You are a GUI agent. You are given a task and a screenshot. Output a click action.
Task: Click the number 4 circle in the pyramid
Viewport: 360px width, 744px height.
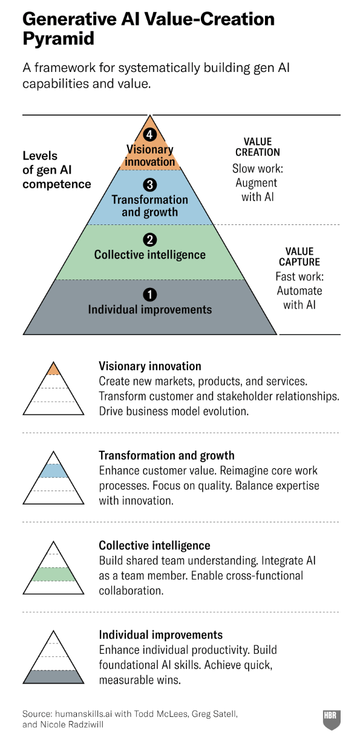coord(150,134)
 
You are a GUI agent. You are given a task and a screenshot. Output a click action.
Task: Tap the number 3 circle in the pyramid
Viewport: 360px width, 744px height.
coord(150,184)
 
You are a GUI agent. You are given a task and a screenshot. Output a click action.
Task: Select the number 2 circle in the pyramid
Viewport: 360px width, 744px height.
coord(150,240)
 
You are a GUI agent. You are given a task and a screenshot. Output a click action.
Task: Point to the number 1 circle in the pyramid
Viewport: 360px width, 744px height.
coord(150,295)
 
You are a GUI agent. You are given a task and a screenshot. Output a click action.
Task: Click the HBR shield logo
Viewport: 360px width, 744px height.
coord(332,720)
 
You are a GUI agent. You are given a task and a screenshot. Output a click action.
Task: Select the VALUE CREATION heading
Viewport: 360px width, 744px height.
coord(258,147)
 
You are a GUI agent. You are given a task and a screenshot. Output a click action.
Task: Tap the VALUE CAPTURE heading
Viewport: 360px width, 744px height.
coord(299,256)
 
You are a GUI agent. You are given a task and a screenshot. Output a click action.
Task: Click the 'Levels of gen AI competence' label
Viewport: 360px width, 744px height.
coord(56,170)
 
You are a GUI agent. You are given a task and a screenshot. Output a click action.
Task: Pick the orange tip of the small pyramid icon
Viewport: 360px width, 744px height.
coord(53,370)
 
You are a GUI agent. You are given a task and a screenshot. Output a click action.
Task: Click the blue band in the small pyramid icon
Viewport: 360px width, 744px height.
coord(53,471)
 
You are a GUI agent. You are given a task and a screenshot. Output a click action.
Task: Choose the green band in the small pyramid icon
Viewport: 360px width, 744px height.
coord(53,574)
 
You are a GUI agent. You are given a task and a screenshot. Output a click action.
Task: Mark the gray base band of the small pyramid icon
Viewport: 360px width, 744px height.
coord(53,677)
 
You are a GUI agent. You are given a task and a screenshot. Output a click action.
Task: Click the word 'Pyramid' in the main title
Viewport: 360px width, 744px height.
coord(59,39)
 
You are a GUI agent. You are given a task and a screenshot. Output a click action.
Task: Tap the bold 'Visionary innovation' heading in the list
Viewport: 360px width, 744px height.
coord(150,366)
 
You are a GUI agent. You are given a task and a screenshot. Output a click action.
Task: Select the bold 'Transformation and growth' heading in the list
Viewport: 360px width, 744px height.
coord(167,455)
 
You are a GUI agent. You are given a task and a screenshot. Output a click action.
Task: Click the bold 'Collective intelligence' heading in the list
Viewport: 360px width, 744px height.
coord(154,546)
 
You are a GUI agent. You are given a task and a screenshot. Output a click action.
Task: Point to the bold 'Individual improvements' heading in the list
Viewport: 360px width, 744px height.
coord(161,635)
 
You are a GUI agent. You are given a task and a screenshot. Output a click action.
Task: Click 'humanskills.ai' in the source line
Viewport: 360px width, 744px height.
coord(83,714)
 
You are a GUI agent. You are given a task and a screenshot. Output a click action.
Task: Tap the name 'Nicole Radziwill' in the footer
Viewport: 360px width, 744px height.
coord(72,725)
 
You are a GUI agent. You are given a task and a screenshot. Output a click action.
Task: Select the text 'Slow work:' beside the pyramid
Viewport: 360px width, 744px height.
coord(258,168)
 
